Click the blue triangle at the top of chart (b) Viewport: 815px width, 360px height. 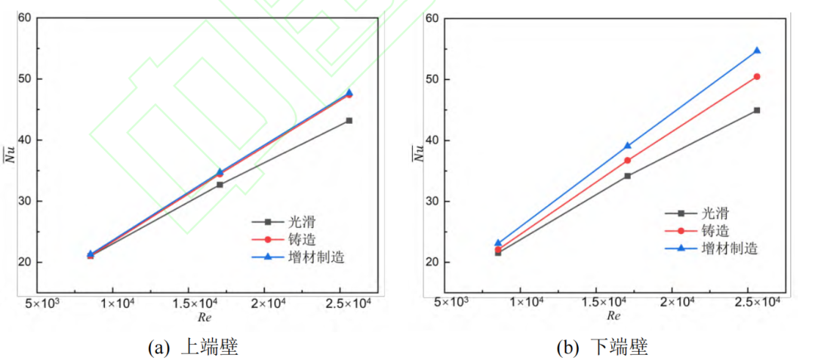(x=757, y=51)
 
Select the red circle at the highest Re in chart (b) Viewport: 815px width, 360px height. (x=757, y=76)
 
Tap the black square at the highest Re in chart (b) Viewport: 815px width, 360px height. (x=757, y=110)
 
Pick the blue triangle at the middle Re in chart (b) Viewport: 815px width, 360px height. (x=627, y=146)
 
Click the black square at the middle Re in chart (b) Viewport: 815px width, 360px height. (x=627, y=176)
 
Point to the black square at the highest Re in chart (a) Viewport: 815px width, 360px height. (x=349, y=121)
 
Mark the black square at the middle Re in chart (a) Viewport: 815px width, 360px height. (x=220, y=185)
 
